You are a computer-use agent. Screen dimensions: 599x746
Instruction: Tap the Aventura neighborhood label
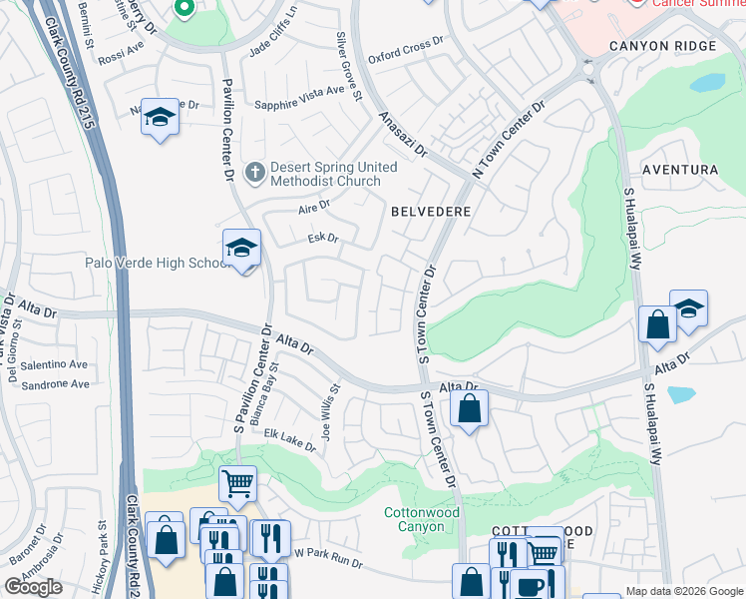tap(679, 171)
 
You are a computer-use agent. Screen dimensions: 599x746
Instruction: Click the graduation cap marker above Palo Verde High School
tap(241, 249)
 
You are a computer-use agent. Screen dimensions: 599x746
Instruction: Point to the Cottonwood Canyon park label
tap(422, 519)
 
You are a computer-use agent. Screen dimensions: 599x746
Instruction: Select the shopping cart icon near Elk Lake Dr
tap(237, 484)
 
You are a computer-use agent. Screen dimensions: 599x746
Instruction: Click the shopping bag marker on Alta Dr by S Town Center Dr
tap(469, 407)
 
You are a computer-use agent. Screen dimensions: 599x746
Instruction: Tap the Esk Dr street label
tap(324, 240)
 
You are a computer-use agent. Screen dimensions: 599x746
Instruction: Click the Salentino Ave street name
tap(57, 366)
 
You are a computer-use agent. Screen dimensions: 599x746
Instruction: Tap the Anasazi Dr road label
tap(403, 136)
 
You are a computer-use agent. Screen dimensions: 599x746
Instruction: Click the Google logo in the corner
tap(33, 587)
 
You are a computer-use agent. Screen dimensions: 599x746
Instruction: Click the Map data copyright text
tap(683, 591)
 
